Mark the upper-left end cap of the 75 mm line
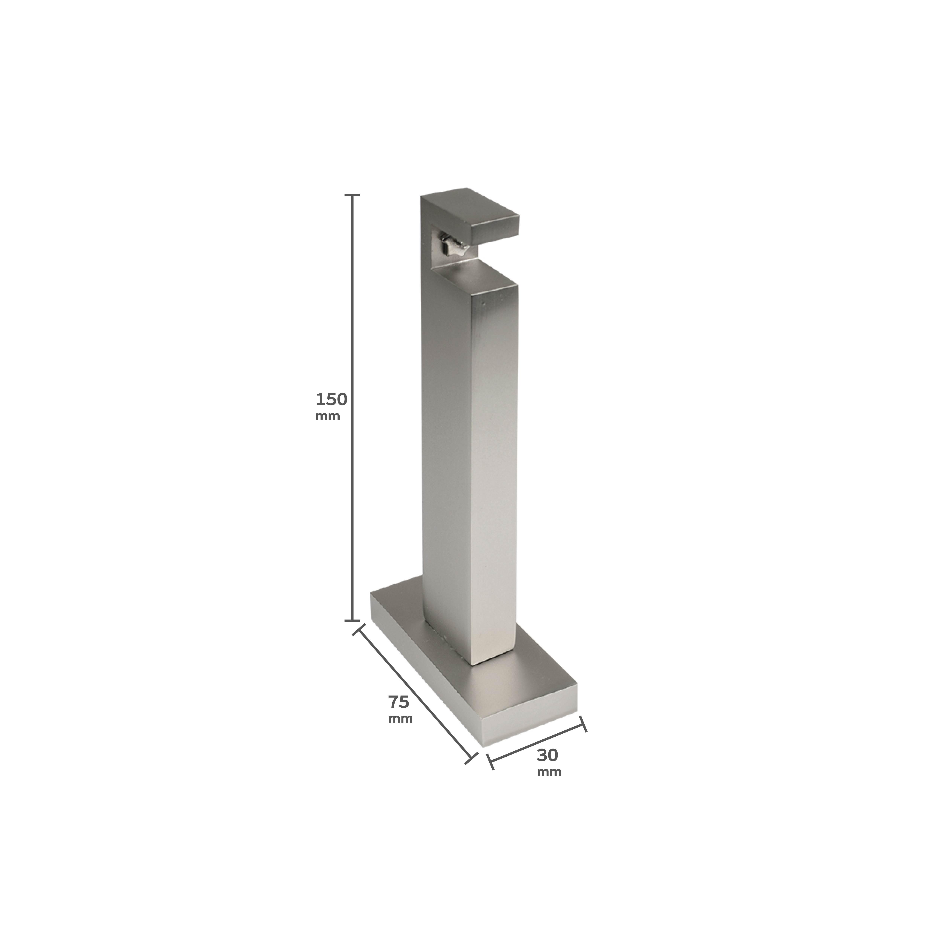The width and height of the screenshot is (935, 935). [359, 631]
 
